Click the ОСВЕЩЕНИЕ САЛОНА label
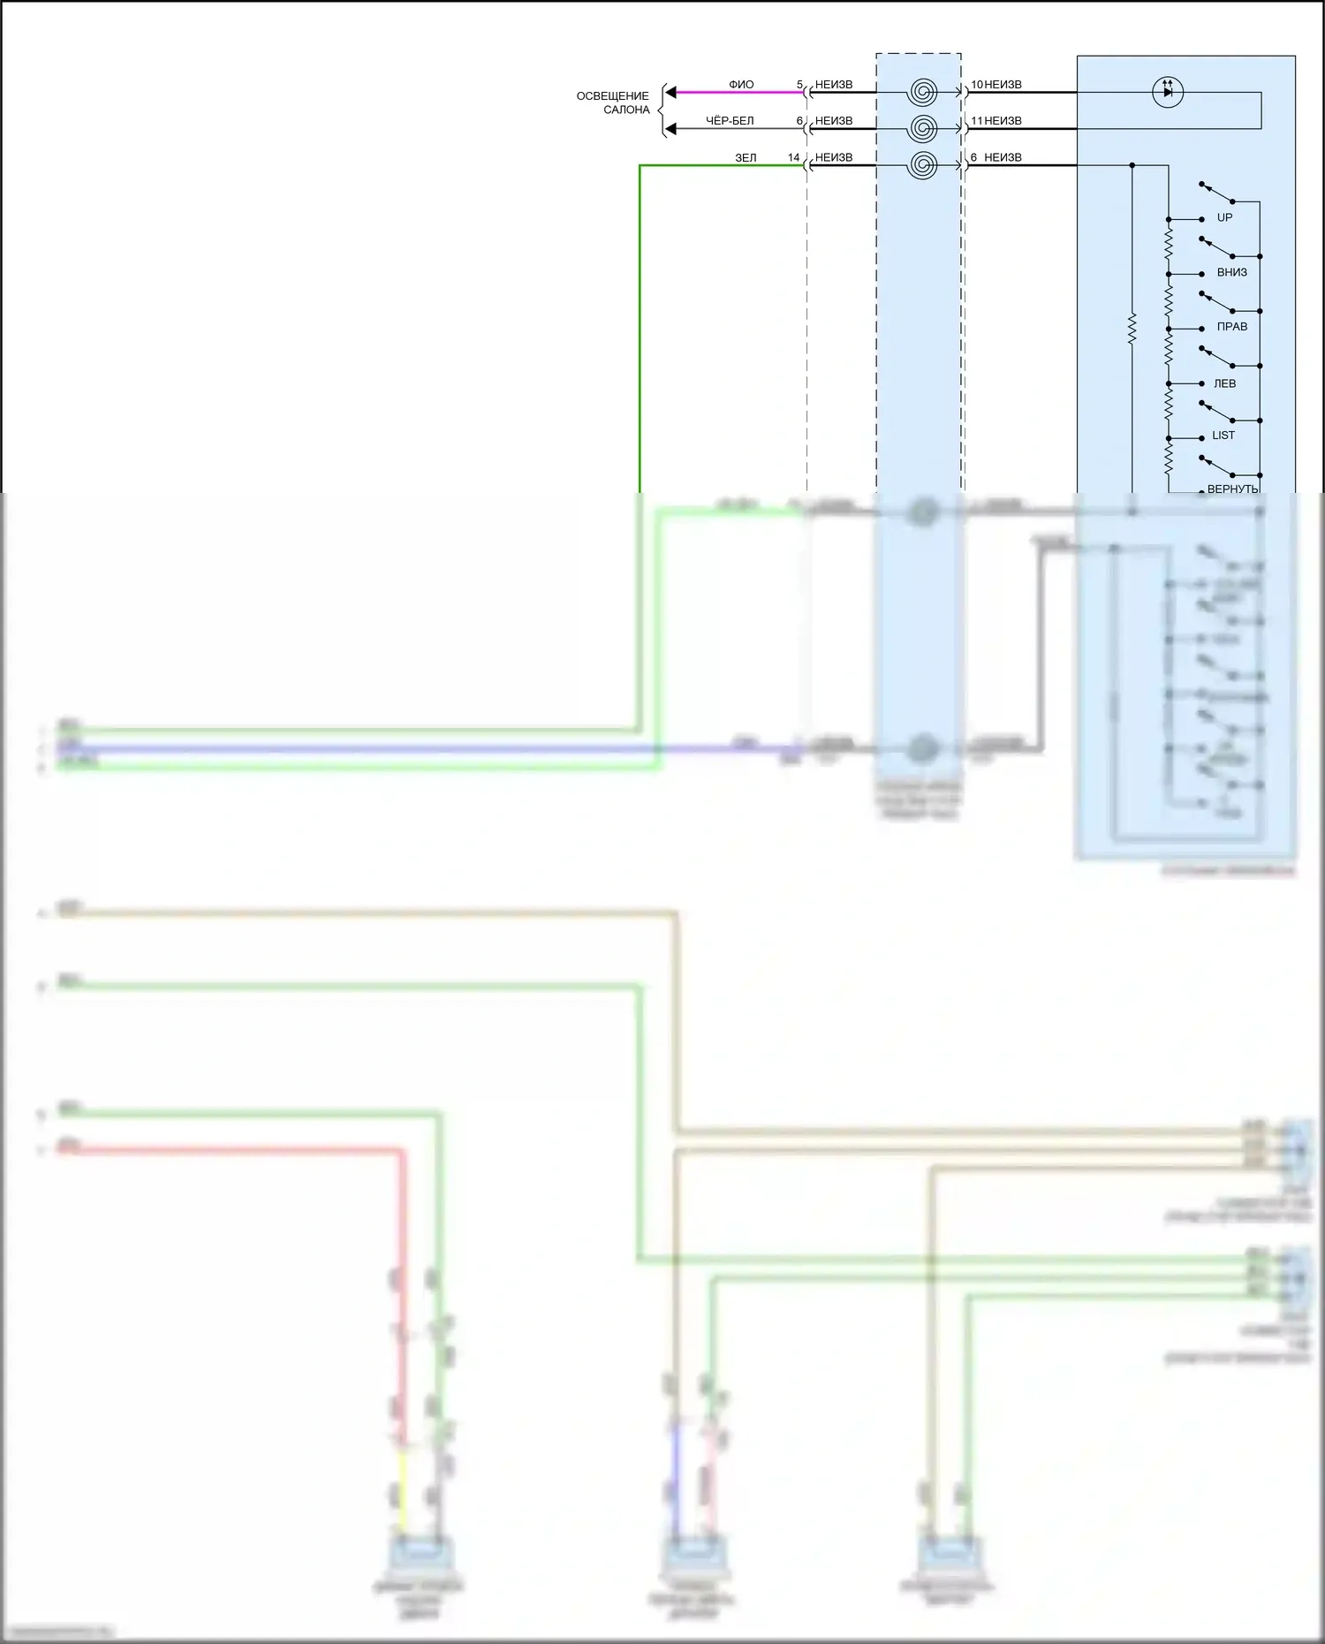(x=613, y=102)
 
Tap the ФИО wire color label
(x=741, y=85)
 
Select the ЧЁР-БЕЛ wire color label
(x=730, y=121)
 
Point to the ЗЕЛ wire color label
(x=746, y=158)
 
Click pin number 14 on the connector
(x=793, y=158)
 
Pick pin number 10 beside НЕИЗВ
(x=976, y=85)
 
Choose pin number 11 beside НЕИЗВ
(x=976, y=121)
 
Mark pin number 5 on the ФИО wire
(x=799, y=85)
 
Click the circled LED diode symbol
(x=1168, y=92)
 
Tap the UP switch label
(x=1224, y=217)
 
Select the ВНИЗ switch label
(x=1231, y=272)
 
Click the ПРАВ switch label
(x=1231, y=327)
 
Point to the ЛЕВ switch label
(x=1224, y=383)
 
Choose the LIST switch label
(x=1223, y=436)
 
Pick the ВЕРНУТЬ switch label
(x=1232, y=489)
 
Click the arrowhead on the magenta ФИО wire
(x=670, y=92)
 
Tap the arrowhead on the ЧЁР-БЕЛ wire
(x=670, y=129)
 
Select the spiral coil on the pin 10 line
(x=922, y=92)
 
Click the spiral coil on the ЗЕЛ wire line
(x=922, y=165)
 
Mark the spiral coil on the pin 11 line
(x=922, y=129)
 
